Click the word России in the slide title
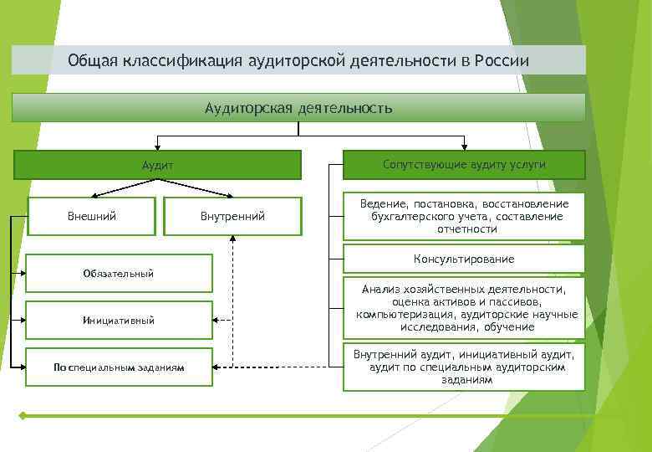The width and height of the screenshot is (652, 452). tap(501, 61)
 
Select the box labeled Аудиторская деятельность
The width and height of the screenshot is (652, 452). tap(298, 108)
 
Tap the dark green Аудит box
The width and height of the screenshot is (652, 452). tap(157, 165)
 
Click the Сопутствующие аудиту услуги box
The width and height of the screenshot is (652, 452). tap(464, 165)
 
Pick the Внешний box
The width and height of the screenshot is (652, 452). tap(91, 216)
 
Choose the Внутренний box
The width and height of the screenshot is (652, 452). tap(232, 216)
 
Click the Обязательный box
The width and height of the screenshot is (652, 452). tap(118, 274)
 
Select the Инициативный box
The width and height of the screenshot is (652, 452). tap(118, 320)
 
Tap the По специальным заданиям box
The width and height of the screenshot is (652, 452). tap(118, 367)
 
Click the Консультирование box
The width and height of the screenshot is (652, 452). tap(464, 259)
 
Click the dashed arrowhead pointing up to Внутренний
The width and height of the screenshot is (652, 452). tap(233, 239)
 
